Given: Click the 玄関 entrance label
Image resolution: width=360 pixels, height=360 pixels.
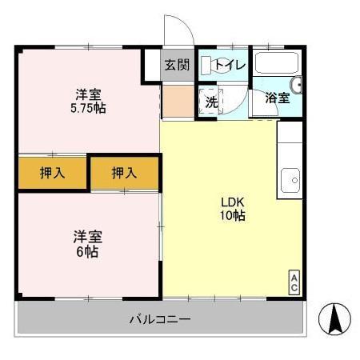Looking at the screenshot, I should click(x=178, y=66).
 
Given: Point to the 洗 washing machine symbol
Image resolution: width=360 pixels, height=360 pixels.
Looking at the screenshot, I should click(x=210, y=102).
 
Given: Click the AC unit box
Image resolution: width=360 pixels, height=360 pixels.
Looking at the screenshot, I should click(x=294, y=282).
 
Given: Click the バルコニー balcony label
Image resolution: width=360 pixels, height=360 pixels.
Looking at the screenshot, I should click(x=160, y=320).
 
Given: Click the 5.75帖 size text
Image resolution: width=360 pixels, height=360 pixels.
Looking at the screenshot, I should click(x=88, y=108).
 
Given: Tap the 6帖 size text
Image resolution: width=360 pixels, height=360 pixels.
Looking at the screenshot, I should click(x=88, y=251).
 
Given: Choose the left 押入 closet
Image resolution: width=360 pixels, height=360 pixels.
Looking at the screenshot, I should click(x=52, y=172).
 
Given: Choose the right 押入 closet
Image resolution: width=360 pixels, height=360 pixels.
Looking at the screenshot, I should click(x=123, y=172).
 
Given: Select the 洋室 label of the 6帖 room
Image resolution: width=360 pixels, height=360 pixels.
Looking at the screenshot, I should click(x=88, y=237).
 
